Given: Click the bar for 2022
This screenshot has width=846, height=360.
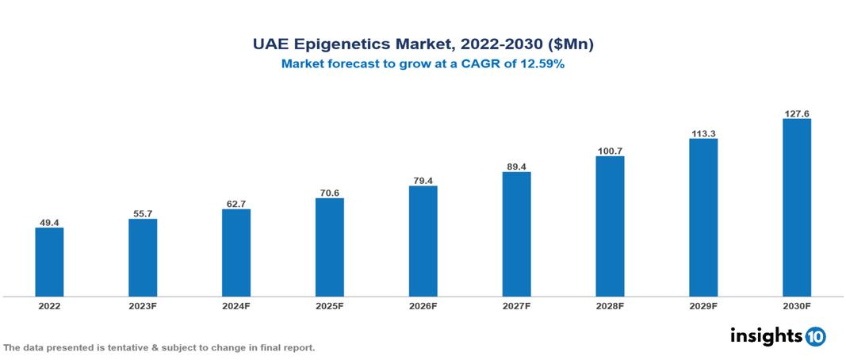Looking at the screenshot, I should [x=49, y=262].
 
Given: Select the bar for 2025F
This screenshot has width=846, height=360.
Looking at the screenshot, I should [x=329, y=247].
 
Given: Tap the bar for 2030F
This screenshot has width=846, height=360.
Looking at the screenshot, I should [x=796, y=208].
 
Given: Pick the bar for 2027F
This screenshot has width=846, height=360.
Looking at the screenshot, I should [x=516, y=234].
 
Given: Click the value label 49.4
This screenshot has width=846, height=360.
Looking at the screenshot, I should [x=49, y=223].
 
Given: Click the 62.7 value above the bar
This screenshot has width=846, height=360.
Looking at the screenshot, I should [x=236, y=204].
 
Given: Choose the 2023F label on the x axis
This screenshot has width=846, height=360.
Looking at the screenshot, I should [x=143, y=305].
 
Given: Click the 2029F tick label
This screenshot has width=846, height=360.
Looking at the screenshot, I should [x=703, y=305].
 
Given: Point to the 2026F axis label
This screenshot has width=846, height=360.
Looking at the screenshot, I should [x=423, y=305].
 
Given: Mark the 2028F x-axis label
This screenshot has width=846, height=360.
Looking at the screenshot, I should [x=610, y=305].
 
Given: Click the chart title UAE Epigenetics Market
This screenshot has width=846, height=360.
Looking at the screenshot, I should [x=423, y=45].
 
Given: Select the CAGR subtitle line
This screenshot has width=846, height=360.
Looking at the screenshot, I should [x=423, y=64].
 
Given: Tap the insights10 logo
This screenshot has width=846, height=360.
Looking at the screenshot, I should [x=778, y=335].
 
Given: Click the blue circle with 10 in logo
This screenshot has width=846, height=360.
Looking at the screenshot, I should [x=815, y=336].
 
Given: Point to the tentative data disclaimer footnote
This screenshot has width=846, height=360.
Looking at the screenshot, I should [x=159, y=347].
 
